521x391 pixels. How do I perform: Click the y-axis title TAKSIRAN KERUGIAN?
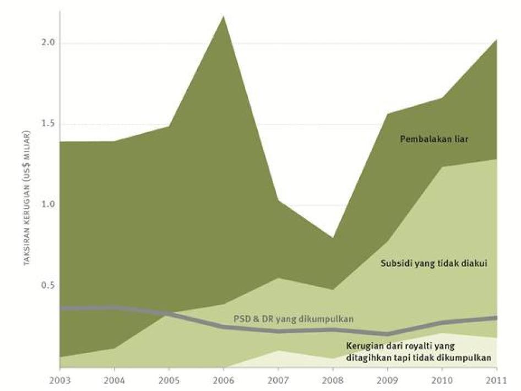[26, 199]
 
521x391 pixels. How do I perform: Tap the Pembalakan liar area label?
[434, 140]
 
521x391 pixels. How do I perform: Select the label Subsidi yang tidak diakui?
[434, 263]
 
